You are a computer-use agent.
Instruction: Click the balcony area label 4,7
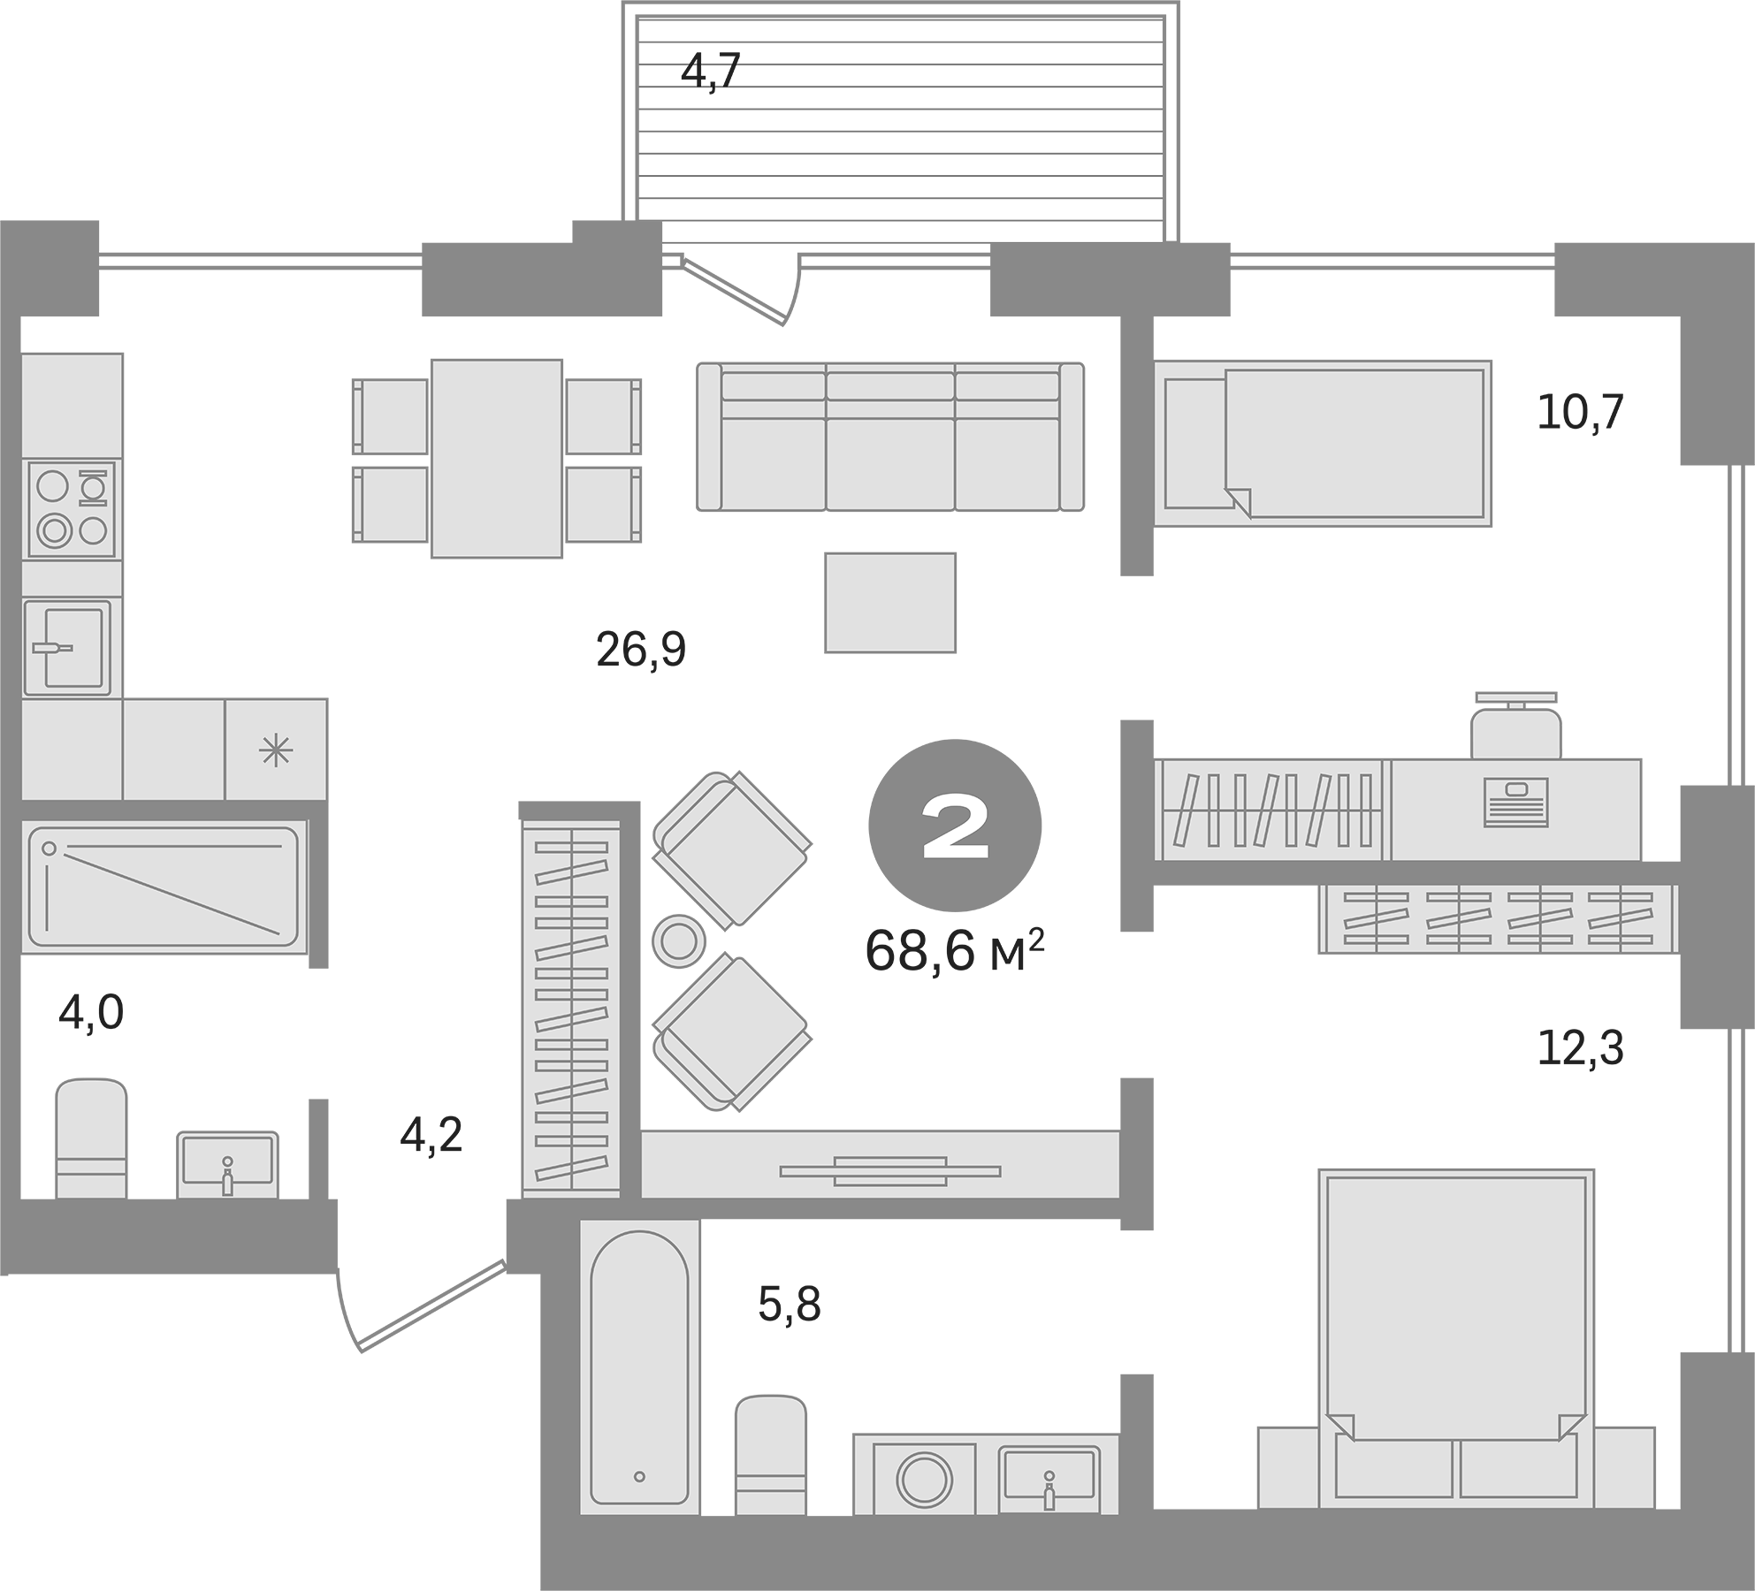(710, 72)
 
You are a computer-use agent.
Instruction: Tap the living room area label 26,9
(641, 651)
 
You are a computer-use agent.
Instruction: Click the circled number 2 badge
(955, 826)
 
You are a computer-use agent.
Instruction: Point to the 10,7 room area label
(1581, 413)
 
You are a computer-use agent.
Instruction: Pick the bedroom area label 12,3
(1581, 1048)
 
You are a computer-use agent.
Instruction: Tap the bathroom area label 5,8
(790, 1305)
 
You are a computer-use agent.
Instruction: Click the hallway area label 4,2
(431, 1135)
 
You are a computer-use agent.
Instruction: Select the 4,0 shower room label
(91, 1013)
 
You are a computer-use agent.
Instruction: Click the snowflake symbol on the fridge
(276, 751)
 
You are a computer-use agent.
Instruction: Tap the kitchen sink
(68, 647)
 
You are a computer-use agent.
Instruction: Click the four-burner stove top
(72, 509)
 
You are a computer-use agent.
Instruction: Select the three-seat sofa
(890, 437)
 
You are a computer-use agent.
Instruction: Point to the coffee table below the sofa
(890, 603)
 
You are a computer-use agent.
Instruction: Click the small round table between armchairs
(678, 940)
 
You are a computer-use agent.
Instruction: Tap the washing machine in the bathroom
(925, 1478)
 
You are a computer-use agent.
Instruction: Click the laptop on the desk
(1516, 802)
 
